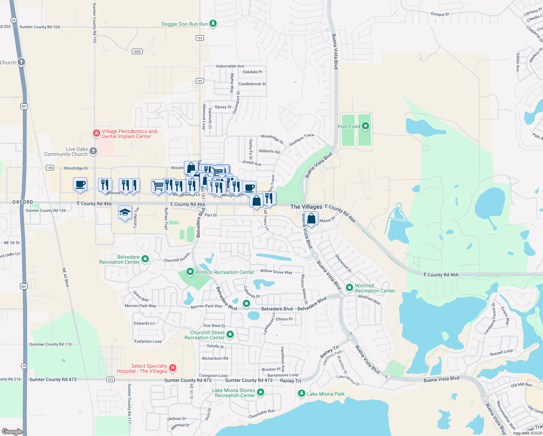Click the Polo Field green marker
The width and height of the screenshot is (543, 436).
click(366, 126)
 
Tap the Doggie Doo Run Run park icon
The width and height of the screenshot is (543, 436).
click(213, 24)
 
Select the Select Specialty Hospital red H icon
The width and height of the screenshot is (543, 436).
click(173, 368)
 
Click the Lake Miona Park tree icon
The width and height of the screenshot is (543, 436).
click(301, 393)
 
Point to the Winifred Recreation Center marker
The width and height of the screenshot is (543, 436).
click(350, 288)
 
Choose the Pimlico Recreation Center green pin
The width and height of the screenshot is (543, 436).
click(190, 272)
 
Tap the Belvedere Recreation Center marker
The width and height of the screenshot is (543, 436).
click(145, 259)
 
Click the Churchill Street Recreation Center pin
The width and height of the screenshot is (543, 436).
click(230, 334)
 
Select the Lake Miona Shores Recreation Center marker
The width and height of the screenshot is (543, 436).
click(261, 392)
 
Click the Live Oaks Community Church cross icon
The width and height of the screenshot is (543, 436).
click(93, 151)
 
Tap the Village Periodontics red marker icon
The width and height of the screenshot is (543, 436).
click(96, 133)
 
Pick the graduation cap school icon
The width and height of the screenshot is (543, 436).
click(125, 213)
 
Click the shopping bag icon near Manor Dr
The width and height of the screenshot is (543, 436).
click(311, 218)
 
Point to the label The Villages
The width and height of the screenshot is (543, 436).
click(306, 207)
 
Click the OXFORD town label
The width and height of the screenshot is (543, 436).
click(23, 202)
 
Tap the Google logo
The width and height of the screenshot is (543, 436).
click(12, 431)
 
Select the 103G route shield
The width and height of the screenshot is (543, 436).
click(137, 52)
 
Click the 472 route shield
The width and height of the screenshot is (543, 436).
click(111, 380)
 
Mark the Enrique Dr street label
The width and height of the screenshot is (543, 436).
click(440, 14)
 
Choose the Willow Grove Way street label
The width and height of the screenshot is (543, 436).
click(276, 272)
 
